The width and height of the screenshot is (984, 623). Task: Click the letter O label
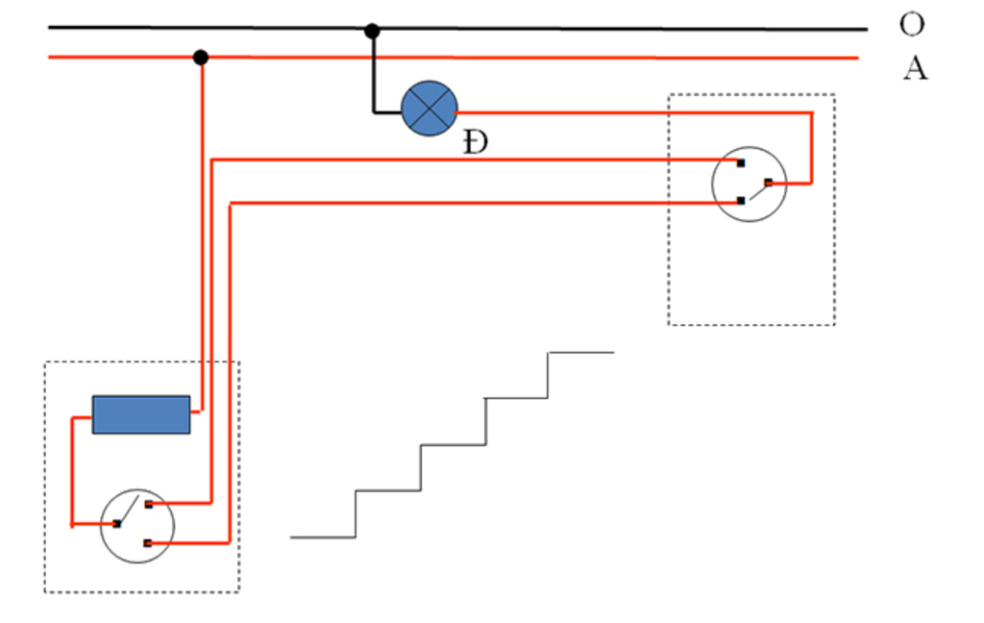(911, 24)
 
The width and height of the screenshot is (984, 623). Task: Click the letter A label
(914, 68)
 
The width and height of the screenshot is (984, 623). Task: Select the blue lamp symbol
(429, 108)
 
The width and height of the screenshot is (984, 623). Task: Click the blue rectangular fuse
(141, 414)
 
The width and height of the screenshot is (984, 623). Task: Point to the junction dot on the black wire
(372, 32)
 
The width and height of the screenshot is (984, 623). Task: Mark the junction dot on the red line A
(200, 58)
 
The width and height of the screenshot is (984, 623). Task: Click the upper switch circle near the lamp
(749, 184)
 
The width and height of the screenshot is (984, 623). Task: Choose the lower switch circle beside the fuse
(137, 525)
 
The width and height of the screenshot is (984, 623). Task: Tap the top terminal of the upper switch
(741, 162)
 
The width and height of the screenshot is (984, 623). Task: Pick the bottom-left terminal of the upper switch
(741, 201)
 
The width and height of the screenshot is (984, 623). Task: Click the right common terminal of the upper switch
(768, 183)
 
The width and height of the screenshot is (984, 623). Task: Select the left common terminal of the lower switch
(116, 524)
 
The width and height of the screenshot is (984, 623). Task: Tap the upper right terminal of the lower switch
(148, 504)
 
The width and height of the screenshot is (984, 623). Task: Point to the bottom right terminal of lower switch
(148, 543)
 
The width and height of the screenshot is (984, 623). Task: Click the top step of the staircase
(580, 353)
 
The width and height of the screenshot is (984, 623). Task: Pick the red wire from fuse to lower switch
(72, 471)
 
